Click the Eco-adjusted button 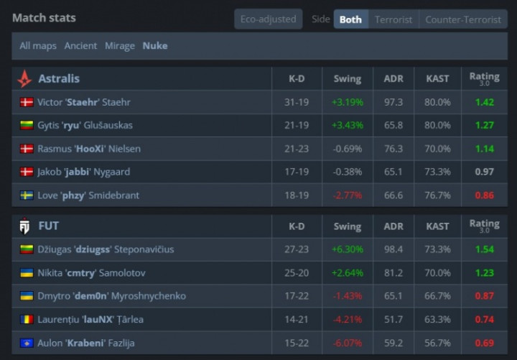tap(268, 19)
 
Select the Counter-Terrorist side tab tap(463, 19)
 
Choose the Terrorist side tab tap(393, 19)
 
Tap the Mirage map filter tap(120, 45)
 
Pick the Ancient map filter tap(80, 45)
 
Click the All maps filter tap(37, 45)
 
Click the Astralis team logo tap(24, 79)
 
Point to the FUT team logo tap(24, 226)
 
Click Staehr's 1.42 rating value tap(484, 102)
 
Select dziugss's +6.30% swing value tap(348, 249)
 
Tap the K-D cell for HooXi tap(297, 149)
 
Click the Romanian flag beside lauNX tap(27, 320)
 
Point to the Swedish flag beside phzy tap(27, 195)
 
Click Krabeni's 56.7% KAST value tap(437, 343)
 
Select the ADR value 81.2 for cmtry tap(393, 273)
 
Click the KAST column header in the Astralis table tap(437, 79)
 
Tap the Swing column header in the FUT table tap(348, 226)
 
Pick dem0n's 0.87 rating tap(484, 296)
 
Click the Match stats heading tap(44, 17)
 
